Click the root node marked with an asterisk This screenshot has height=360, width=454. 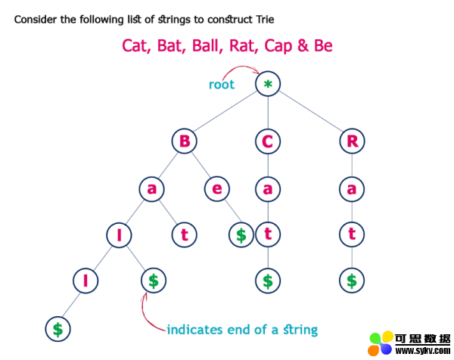click(268, 84)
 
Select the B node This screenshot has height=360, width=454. click(185, 141)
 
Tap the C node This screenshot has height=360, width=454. click(268, 141)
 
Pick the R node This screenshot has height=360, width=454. click(352, 141)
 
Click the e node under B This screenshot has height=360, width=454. click(217, 189)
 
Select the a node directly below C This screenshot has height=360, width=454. click(268, 189)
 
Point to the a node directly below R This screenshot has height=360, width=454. click(352, 189)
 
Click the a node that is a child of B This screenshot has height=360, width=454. click(152, 189)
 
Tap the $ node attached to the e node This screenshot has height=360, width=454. click(241, 234)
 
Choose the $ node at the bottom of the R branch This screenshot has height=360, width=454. click(352, 281)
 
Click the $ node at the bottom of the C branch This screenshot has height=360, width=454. click(268, 281)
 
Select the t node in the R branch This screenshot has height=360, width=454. click(352, 234)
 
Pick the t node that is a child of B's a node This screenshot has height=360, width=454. click(185, 234)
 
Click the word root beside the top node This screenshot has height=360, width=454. click(222, 85)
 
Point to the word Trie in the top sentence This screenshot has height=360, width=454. click(265, 20)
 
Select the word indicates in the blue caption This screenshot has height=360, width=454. click(194, 330)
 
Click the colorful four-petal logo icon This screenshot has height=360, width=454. click(381, 343)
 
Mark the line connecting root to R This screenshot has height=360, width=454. click(311, 111)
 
